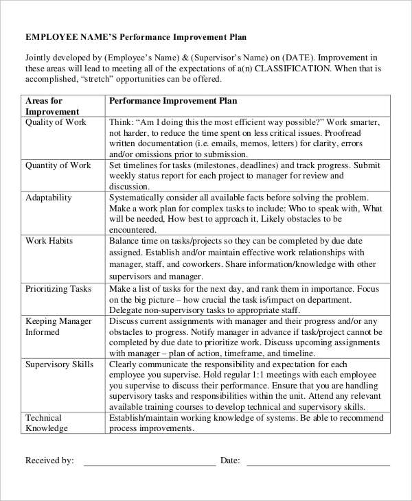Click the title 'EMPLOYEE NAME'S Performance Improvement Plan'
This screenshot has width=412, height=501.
[135, 36]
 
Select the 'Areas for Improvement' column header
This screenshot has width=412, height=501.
[51, 106]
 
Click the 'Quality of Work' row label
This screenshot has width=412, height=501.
[56, 122]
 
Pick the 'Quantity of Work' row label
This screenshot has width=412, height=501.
[58, 165]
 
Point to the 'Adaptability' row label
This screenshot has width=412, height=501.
[48, 198]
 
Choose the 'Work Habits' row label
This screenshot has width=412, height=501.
[49, 241]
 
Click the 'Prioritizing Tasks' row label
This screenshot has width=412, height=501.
[58, 289]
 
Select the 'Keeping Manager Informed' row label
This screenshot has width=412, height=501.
[58, 326]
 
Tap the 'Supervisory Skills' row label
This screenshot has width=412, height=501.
[59, 364]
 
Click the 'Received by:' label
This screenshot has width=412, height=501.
[49, 461]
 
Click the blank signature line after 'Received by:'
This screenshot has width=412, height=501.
[149, 463]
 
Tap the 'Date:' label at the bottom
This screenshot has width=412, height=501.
[230, 461]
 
